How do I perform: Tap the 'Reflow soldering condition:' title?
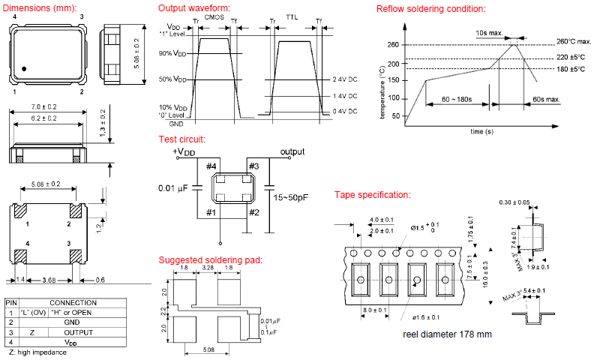tap(430, 9)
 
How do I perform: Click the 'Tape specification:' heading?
tap(372, 195)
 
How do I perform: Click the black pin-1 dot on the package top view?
tap(25, 69)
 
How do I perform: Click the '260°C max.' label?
tap(574, 42)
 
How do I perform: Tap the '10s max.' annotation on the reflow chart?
tap(490, 33)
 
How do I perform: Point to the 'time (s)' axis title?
tap(481, 131)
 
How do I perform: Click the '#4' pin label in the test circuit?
tap(211, 166)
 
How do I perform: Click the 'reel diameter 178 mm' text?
tap(447, 334)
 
